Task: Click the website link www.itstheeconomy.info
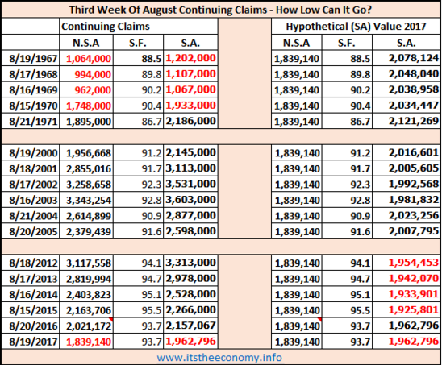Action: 219,358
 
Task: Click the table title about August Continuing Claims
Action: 221,10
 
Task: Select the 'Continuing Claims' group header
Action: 106,27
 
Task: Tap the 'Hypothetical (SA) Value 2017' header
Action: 356,27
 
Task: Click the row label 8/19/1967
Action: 33,59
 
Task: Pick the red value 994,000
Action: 93,74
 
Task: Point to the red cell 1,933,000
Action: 191,106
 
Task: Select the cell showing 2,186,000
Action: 191,121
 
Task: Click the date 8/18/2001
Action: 33,169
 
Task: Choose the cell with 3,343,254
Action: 89,201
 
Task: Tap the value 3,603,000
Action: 191,200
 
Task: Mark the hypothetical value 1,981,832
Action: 414,200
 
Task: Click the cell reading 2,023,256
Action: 414,215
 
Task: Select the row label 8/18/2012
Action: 33,263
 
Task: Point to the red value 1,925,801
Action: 414,309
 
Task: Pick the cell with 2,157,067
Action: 191,326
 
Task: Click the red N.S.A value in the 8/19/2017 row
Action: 89,342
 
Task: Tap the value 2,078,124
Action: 414,58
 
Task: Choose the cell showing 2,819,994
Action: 89,279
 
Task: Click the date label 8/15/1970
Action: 33,106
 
